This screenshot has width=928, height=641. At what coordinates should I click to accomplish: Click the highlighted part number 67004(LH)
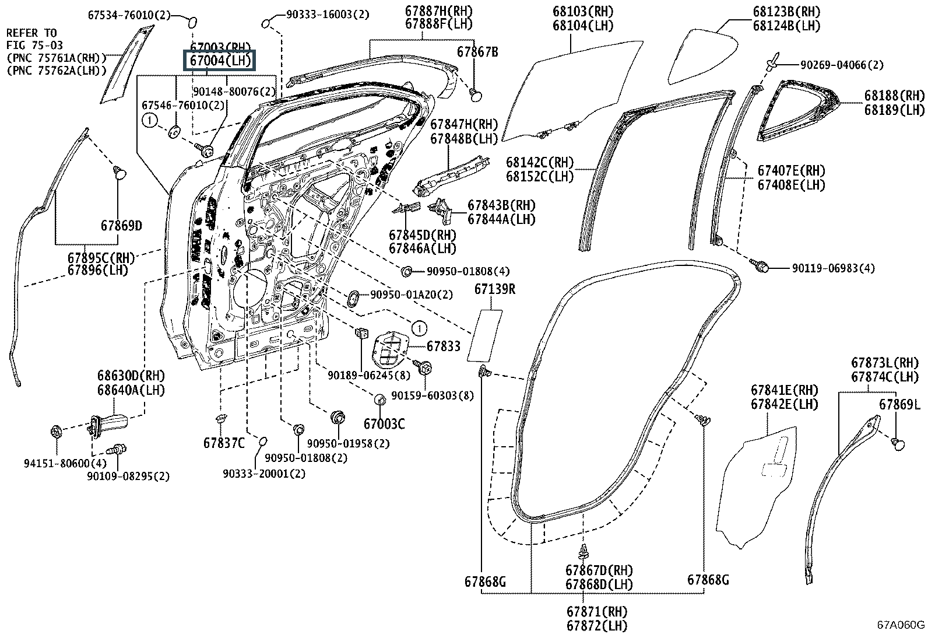tap(220, 60)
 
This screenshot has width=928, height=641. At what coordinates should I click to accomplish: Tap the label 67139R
tap(494, 289)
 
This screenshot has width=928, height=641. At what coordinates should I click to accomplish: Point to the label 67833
tap(443, 346)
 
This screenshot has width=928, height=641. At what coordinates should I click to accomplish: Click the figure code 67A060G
tap(901, 625)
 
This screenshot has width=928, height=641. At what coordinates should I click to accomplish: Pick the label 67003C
tap(384, 424)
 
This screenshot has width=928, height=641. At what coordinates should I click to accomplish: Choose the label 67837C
tap(224, 443)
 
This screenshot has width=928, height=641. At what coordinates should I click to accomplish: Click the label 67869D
tap(121, 226)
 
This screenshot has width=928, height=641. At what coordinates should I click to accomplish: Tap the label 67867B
tap(477, 52)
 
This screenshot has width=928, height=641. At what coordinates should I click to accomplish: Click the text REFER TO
tap(31, 33)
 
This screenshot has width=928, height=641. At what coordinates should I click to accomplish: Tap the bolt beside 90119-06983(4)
tap(761, 266)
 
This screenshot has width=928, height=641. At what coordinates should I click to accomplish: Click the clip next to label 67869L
tap(898, 444)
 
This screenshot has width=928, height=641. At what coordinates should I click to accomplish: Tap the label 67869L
tap(899, 404)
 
